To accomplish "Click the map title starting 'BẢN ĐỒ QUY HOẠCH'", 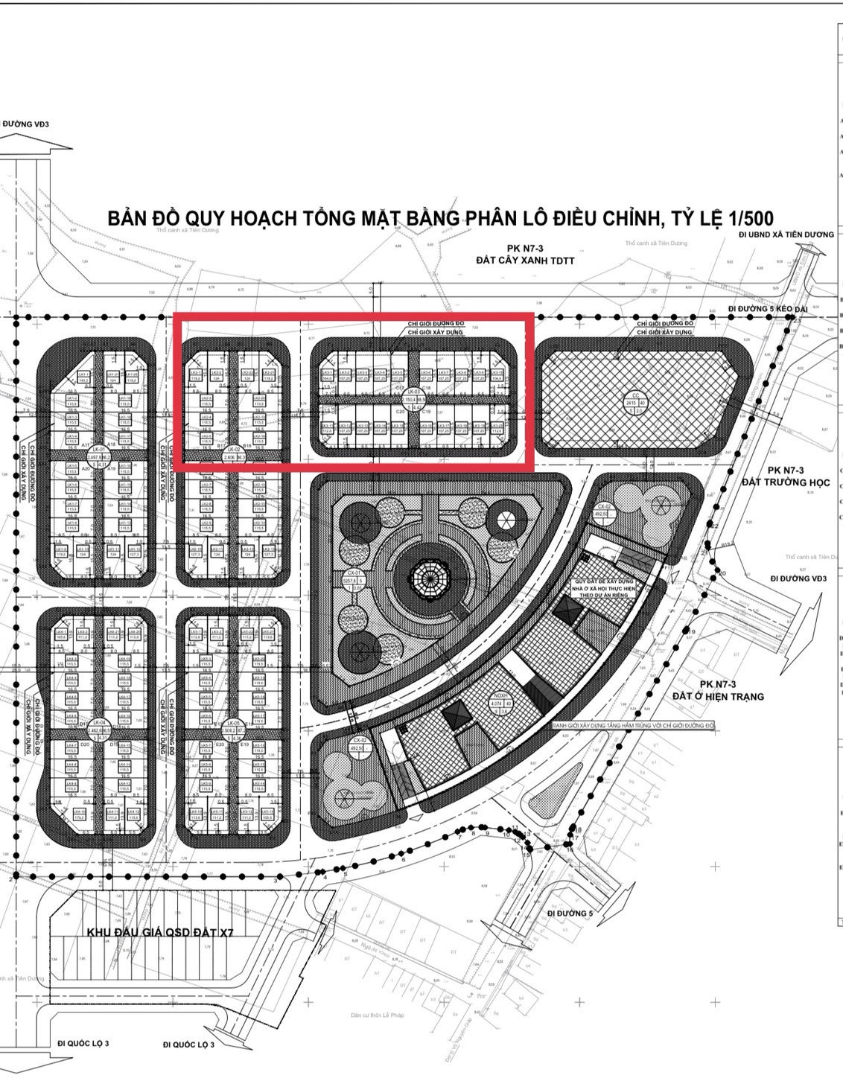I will [440, 218].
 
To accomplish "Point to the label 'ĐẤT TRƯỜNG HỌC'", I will [785, 482].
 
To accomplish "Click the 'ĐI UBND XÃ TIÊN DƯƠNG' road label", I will [787, 235].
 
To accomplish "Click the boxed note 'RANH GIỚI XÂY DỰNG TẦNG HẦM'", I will [632, 724].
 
